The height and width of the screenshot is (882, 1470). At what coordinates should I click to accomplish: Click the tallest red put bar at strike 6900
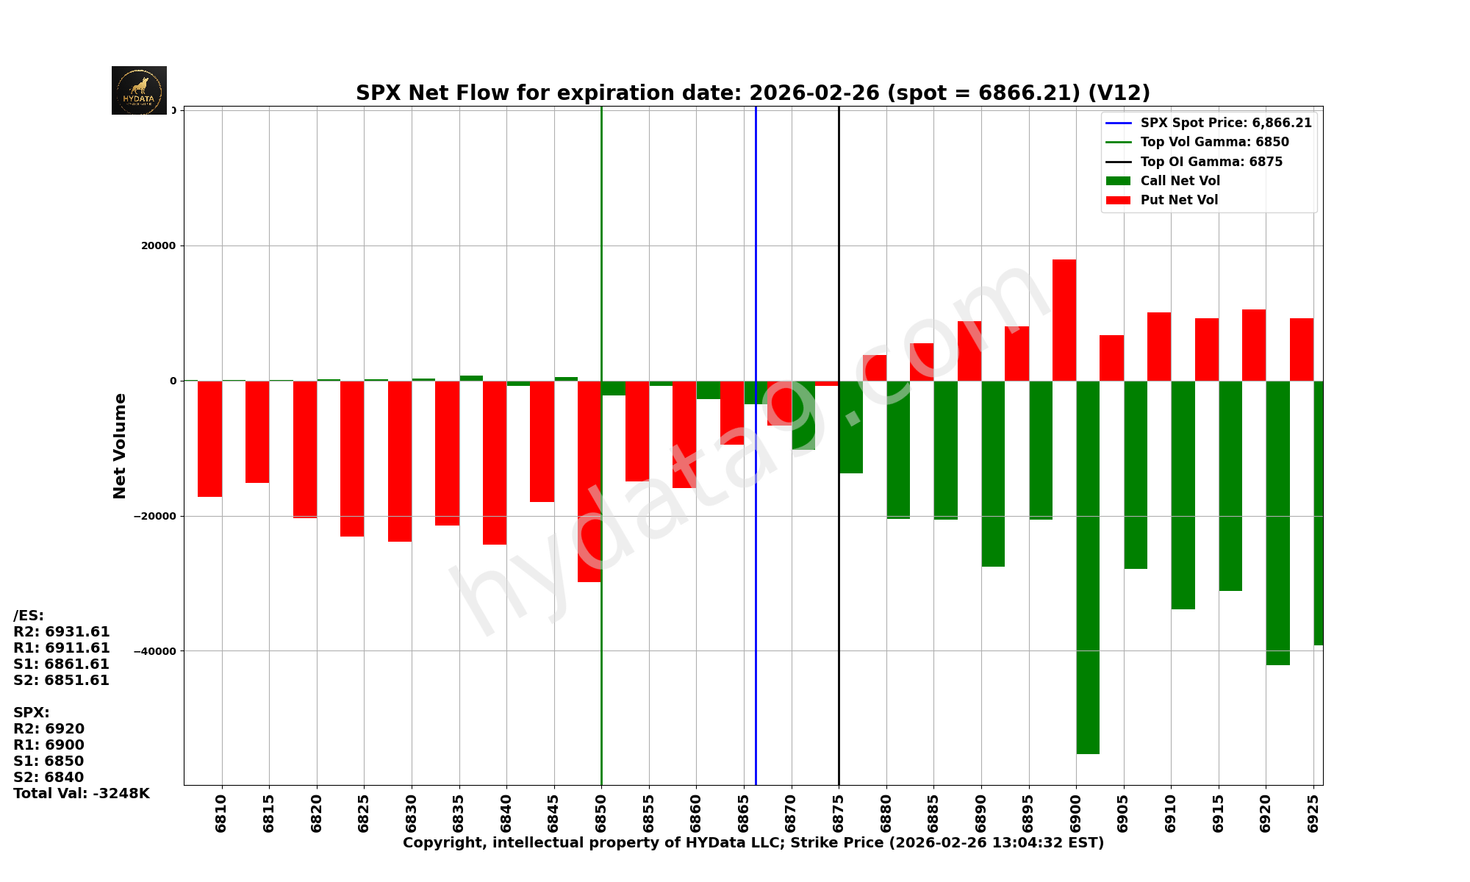coord(1064,320)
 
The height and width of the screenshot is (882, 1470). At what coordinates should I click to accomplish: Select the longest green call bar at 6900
coord(1088,566)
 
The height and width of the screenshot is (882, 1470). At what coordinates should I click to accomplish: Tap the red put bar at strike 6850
coord(589,481)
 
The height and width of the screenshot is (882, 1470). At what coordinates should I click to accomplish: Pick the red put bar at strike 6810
coord(209,439)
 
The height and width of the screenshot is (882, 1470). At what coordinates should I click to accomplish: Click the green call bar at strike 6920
coord(1277,522)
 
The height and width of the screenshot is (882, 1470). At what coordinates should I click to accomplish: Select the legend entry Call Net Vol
coord(1180,181)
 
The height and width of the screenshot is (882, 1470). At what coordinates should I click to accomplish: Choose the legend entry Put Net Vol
coord(1178,200)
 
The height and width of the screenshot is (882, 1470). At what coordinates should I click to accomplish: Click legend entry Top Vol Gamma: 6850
coord(1214,142)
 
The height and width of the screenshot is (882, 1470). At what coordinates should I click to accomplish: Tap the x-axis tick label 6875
coord(839,813)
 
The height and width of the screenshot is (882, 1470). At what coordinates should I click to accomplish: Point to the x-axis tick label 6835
coord(459,813)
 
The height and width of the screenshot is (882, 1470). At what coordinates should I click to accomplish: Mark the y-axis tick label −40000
coord(156,651)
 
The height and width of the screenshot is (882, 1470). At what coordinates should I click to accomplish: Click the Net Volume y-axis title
coord(120,446)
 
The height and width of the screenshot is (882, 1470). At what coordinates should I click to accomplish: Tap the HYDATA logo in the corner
coord(139,90)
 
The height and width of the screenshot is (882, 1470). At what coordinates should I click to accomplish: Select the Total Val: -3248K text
coord(81,793)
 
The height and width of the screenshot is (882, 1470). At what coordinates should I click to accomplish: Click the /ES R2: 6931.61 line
coord(62,631)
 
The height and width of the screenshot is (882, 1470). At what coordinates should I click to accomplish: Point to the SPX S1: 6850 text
coord(49,761)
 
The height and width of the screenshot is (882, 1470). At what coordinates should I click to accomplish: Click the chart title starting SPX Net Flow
coord(753,93)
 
